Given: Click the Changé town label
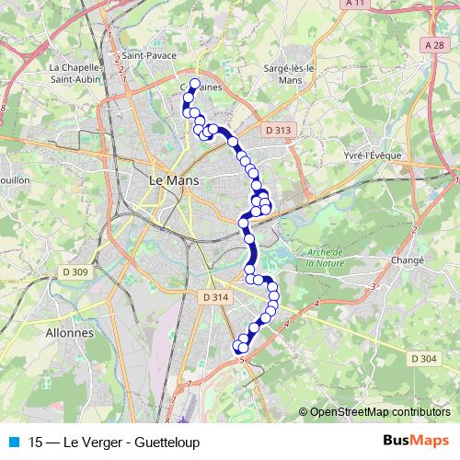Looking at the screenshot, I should tap(408, 260).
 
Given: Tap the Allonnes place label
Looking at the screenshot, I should tap(69, 332).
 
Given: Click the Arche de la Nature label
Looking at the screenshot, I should tap(325, 258).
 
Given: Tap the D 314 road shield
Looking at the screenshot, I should tap(213, 296).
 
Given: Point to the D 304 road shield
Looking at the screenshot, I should tap(424, 358).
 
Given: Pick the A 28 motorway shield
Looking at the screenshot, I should tap(435, 45).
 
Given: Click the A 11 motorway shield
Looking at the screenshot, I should tap(356, 4).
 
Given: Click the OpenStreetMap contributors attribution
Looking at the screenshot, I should tap(379, 411).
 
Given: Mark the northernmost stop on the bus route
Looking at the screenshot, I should tap(194, 84).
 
